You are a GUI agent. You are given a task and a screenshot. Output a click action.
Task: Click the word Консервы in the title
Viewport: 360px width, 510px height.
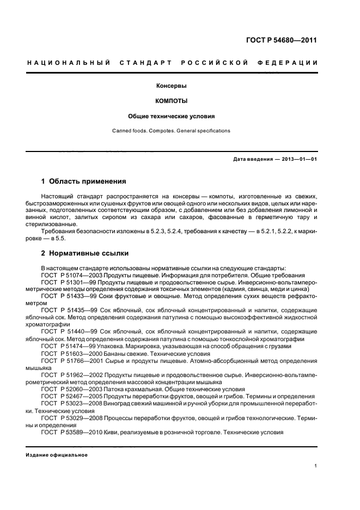click(x=172, y=86)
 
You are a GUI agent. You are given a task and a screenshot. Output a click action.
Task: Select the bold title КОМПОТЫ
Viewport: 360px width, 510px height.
click(x=172, y=101)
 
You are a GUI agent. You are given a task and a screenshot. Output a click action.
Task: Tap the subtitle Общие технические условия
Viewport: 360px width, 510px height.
click(x=172, y=116)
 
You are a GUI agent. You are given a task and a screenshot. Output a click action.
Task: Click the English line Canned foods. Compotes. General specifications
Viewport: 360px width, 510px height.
click(x=172, y=131)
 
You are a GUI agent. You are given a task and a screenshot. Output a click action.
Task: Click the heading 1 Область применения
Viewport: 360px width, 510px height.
click(x=84, y=181)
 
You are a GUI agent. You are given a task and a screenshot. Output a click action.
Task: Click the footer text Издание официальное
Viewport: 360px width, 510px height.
click(x=57, y=455)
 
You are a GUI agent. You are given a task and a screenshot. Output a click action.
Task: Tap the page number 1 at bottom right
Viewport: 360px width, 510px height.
click(x=316, y=466)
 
